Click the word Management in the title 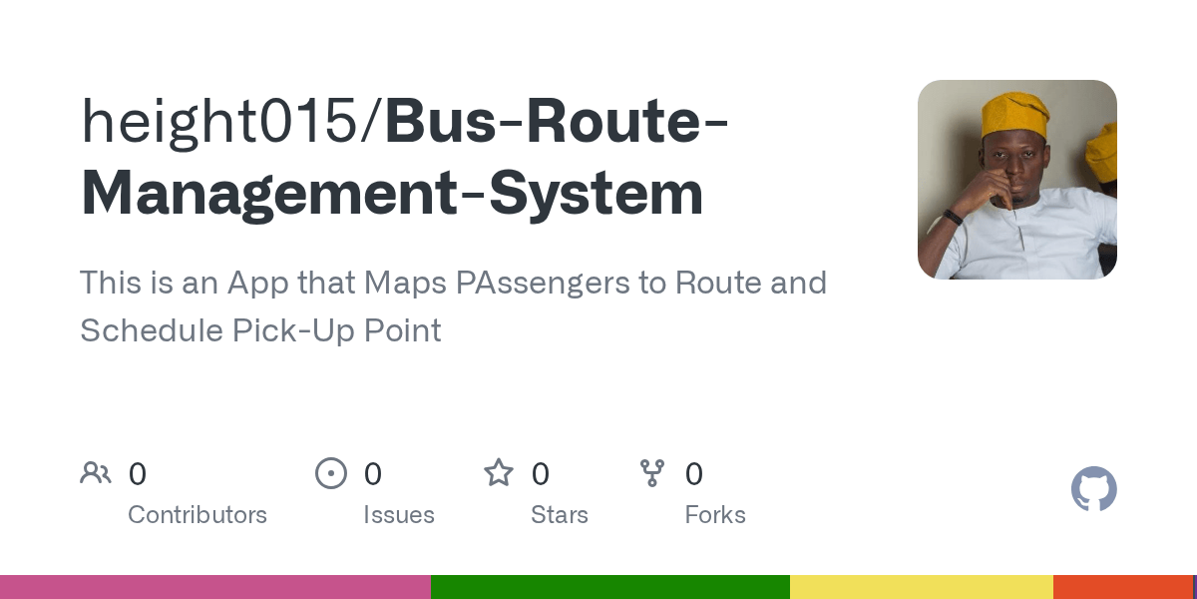click(261, 195)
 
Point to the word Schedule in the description click(151, 330)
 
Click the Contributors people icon click(96, 473)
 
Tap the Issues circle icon click(331, 473)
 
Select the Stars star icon click(499, 473)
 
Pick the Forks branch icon click(652, 473)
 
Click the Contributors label click(198, 515)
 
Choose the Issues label click(399, 515)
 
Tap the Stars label click(560, 515)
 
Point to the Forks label click(715, 515)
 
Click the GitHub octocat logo click(1094, 489)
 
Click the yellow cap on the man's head click(1015, 114)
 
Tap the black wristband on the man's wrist click(952, 217)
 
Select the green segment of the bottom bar click(609, 587)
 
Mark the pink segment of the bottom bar click(214, 587)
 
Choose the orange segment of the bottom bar click(1122, 587)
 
